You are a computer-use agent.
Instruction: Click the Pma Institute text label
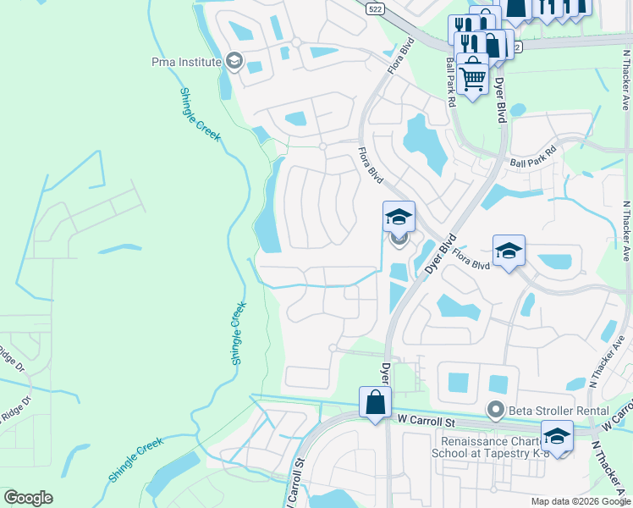click(186, 62)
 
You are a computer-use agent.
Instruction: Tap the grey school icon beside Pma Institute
click(234, 61)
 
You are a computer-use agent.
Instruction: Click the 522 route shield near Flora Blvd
click(374, 8)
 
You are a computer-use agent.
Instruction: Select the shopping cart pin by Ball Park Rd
click(473, 77)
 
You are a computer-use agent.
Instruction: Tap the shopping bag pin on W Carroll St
click(375, 404)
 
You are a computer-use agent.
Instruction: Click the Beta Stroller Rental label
click(549, 411)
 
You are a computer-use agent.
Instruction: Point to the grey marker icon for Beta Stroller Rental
click(498, 411)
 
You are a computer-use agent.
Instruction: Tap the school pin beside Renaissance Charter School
click(557, 437)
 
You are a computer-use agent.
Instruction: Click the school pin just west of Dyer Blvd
click(399, 218)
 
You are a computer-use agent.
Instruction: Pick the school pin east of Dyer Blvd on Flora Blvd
click(509, 251)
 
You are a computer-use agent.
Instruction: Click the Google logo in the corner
click(28, 497)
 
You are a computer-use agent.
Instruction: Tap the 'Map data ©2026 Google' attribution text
click(581, 501)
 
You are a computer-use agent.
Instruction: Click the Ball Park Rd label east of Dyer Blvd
click(533, 155)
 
